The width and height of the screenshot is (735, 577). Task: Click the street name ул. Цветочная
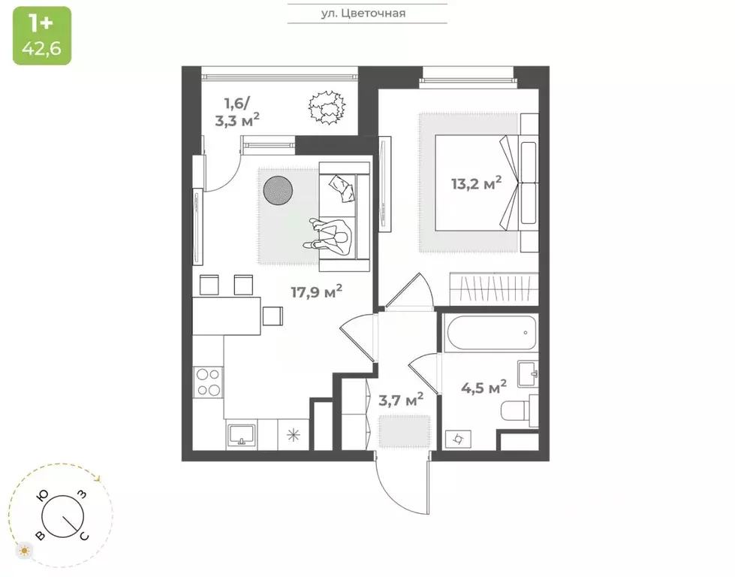367,13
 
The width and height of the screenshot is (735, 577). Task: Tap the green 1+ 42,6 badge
42,35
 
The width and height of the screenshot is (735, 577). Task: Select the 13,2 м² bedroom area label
476,183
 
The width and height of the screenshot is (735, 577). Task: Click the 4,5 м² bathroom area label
482,388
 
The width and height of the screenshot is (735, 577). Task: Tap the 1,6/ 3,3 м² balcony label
237,110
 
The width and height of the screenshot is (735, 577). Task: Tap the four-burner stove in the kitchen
207,383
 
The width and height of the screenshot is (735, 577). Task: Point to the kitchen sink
242,434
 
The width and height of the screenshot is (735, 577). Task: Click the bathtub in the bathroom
490,331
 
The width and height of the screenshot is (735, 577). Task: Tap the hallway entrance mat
403,430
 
